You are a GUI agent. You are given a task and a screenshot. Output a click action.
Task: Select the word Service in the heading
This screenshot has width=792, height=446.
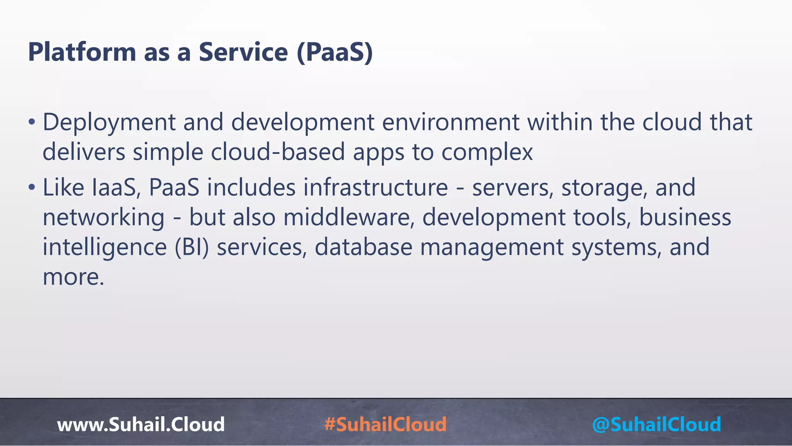pos(243,52)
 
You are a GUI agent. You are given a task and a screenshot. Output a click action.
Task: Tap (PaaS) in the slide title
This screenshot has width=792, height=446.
pos(335,52)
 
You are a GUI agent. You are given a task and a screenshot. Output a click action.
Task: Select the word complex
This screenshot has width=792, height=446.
pos(487,152)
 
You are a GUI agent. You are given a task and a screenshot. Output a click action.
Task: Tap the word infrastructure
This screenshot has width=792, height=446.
pos(375,188)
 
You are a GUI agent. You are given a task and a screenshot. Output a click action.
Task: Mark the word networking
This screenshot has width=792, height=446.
pos(103,218)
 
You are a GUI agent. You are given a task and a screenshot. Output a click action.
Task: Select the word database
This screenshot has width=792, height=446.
pos(363,247)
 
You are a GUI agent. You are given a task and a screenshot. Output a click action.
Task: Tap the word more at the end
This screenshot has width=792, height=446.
pos(73,278)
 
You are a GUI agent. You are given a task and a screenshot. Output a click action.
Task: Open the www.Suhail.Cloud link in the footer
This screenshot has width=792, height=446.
pos(141,424)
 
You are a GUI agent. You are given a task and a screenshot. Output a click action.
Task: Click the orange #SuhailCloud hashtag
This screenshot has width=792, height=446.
pos(386,424)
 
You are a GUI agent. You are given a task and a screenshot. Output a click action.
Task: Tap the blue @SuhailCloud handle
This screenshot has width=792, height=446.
pos(656,424)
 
